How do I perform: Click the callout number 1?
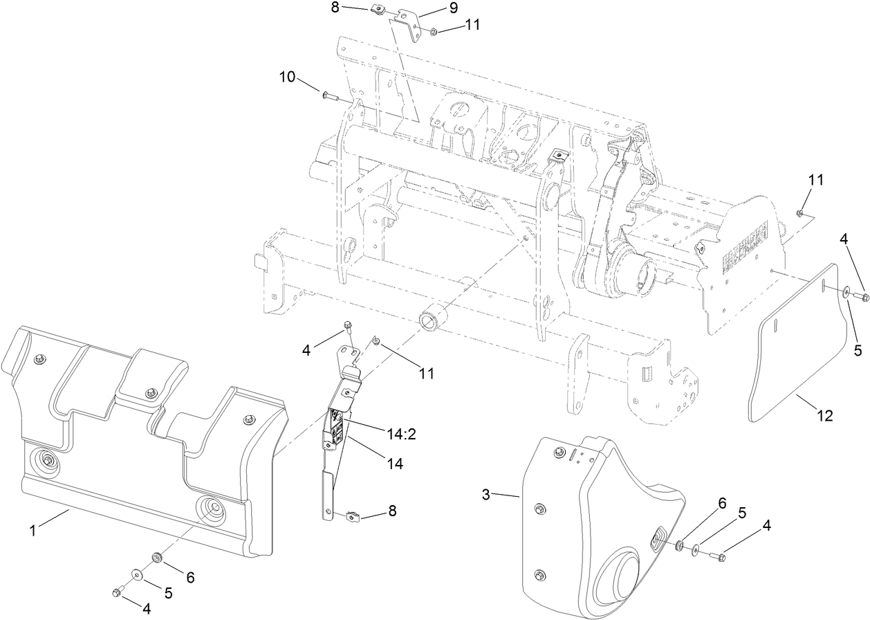32,531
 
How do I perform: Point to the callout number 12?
825,416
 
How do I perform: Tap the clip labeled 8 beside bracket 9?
378,10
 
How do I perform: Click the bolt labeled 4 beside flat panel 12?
861,297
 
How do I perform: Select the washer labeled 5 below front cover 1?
138,574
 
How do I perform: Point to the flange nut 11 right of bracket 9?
433,32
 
